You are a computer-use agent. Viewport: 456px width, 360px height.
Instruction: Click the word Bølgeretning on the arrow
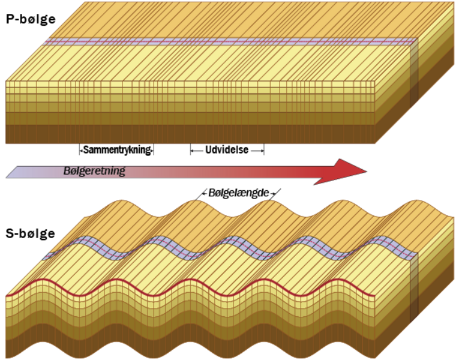94,171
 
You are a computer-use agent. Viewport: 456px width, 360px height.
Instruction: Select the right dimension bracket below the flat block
227,151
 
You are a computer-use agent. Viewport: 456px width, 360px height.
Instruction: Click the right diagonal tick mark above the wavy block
276,191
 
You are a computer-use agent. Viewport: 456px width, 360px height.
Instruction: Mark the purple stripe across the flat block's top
228,43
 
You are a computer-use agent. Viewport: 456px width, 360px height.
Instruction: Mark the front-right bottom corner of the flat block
376,144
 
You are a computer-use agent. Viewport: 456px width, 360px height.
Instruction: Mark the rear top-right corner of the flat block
454,3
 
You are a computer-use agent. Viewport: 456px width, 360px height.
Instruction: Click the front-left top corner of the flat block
5,80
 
